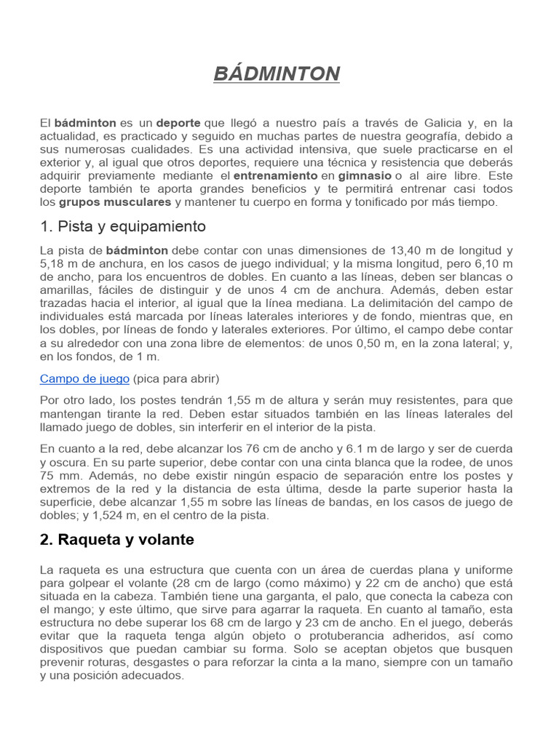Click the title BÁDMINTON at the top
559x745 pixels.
[277, 73]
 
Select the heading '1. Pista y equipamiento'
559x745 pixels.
[123, 226]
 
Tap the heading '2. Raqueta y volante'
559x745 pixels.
[117, 539]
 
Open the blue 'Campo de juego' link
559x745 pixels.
[84, 379]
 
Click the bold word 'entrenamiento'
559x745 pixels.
[275, 176]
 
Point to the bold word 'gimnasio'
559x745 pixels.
[365, 176]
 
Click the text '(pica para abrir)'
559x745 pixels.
[175, 379]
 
